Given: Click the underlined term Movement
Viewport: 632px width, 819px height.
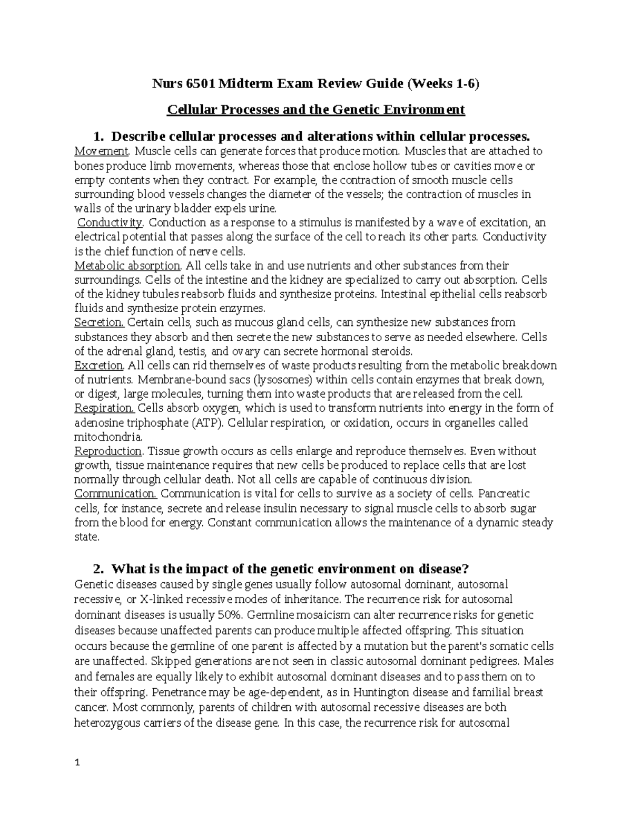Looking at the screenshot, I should coord(102,151).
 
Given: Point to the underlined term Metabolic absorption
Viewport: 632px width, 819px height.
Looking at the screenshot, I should coord(128,265).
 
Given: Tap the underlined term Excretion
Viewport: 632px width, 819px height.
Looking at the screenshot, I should coord(99,365).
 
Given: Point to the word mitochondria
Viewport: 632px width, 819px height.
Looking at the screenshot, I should coord(108,437).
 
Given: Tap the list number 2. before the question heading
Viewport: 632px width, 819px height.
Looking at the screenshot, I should coord(97,569).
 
